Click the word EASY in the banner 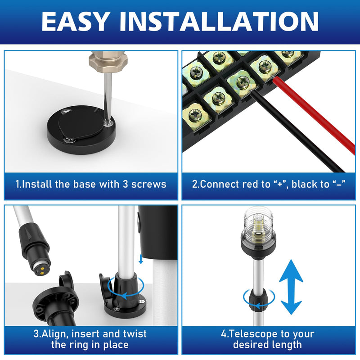(x=75, y=21)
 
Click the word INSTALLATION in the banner (x=219, y=21)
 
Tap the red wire (x=313, y=115)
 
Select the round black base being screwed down (x=81, y=130)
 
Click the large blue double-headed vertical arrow (x=291, y=287)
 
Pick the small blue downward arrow (x=141, y=259)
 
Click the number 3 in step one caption (x=125, y=184)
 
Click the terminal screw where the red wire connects (x=265, y=66)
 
